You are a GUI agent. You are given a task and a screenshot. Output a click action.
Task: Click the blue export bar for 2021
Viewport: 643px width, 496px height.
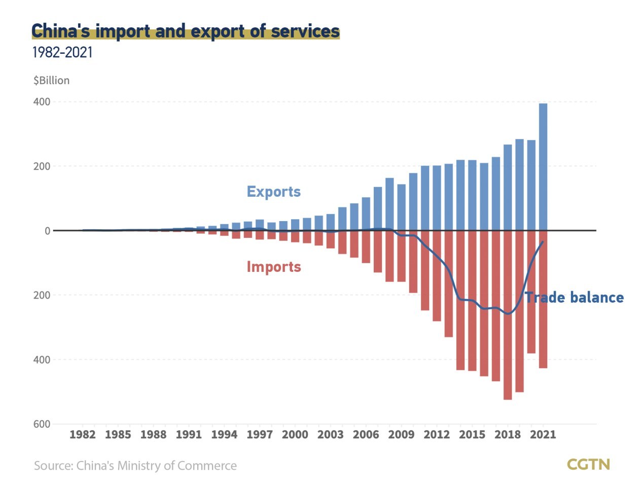(543, 167)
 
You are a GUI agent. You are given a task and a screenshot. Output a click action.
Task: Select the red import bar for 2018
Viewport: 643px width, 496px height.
(508, 314)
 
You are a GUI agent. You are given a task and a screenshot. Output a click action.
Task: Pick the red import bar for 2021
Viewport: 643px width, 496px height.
(543, 299)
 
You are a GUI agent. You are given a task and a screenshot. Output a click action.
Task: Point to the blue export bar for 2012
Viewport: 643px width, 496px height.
(437, 198)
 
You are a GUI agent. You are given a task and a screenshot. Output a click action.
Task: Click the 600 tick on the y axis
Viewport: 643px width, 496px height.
(42, 424)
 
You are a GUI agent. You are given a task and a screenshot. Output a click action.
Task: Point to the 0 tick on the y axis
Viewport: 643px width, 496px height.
(48, 231)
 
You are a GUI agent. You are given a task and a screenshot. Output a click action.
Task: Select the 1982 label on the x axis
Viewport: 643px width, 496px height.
(82, 435)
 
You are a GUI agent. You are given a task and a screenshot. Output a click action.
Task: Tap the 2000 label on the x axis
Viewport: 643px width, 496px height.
(295, 435)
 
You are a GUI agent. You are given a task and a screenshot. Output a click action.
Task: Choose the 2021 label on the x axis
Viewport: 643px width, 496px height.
(543, 435)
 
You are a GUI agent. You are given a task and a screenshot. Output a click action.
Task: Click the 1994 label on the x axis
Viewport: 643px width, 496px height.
(224, 435)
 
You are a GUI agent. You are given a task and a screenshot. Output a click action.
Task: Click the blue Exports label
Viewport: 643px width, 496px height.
(273, 192)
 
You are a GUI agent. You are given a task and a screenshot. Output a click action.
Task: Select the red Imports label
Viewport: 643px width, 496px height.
(274, 267)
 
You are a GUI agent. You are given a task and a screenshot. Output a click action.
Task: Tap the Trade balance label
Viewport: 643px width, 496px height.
(574, 297)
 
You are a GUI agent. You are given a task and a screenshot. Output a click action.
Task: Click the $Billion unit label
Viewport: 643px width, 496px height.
(51, 81)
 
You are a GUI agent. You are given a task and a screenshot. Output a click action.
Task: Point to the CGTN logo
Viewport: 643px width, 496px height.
(588, 465)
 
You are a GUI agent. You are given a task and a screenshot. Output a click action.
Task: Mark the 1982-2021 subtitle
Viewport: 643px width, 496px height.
(62, 53)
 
